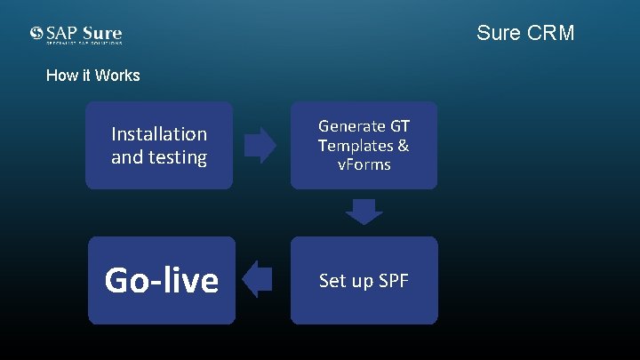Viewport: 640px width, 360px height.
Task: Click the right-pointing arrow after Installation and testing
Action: coord(260,145)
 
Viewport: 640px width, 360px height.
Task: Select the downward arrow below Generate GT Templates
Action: coord(364,212)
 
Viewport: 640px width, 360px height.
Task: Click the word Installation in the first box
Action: coord(159,134)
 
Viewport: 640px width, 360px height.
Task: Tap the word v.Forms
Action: coord(364,164)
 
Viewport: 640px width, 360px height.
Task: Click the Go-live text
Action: coord(161,280)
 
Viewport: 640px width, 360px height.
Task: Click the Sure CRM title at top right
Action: coord(525,33)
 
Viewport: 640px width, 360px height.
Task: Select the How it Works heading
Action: coord(92,76)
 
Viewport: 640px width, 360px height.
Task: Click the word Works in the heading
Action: coord(118,76)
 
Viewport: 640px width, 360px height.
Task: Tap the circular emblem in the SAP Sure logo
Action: coord(36,34)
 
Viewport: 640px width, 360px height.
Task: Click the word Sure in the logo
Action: coord(102,33)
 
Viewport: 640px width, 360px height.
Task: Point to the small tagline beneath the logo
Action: coord(84,43)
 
